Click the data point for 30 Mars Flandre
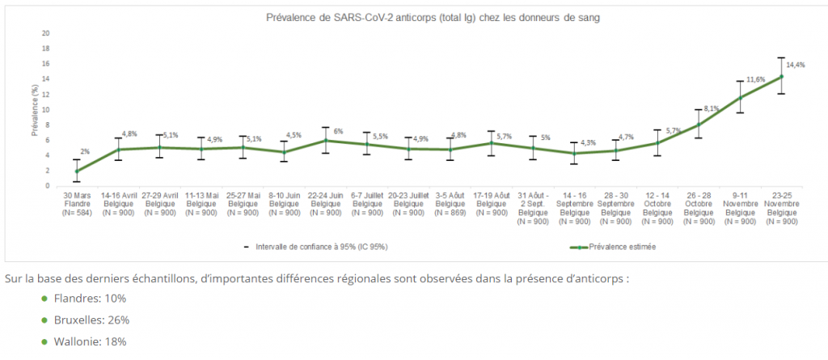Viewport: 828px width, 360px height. (x=77, y=171)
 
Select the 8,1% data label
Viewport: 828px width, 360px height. (x=712, y=108)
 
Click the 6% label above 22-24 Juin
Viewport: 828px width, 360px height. (x=338, y=132)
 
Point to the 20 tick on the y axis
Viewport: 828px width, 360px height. (x=46, y=34)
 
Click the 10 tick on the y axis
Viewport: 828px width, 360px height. (x=46, y=110)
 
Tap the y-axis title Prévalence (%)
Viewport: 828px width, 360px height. (x=35, y=109)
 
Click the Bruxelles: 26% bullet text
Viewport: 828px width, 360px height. (x=90, y=320)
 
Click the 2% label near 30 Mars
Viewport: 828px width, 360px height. (x=85, y=151)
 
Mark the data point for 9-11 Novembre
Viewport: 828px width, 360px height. (x=739, y=98)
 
